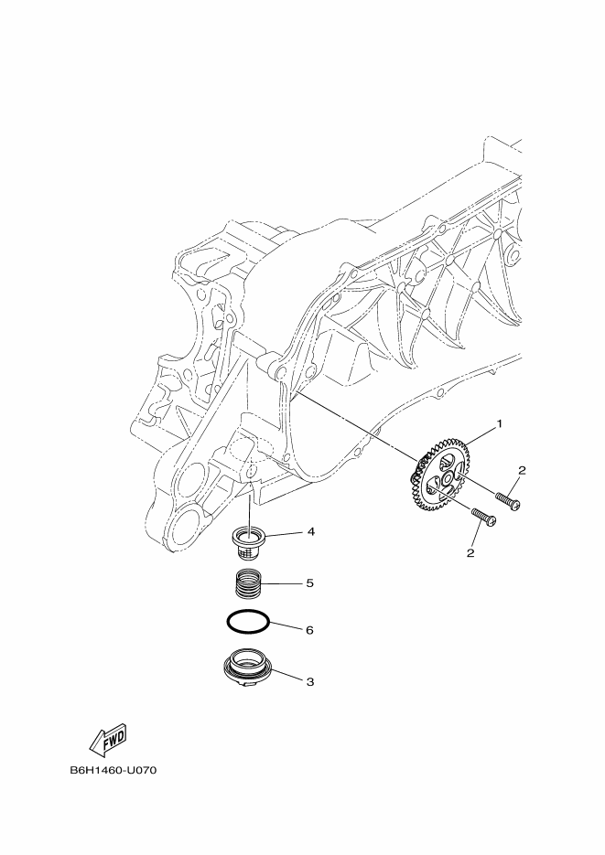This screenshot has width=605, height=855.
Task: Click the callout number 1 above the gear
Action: coord(500,424)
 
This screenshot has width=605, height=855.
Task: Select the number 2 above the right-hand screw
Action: coord(522,470)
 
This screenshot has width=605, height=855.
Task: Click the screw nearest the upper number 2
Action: coord(508,499)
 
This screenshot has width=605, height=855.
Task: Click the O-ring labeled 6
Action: coord(247,621)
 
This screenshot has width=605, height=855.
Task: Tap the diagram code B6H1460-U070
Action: coord(113,770)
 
